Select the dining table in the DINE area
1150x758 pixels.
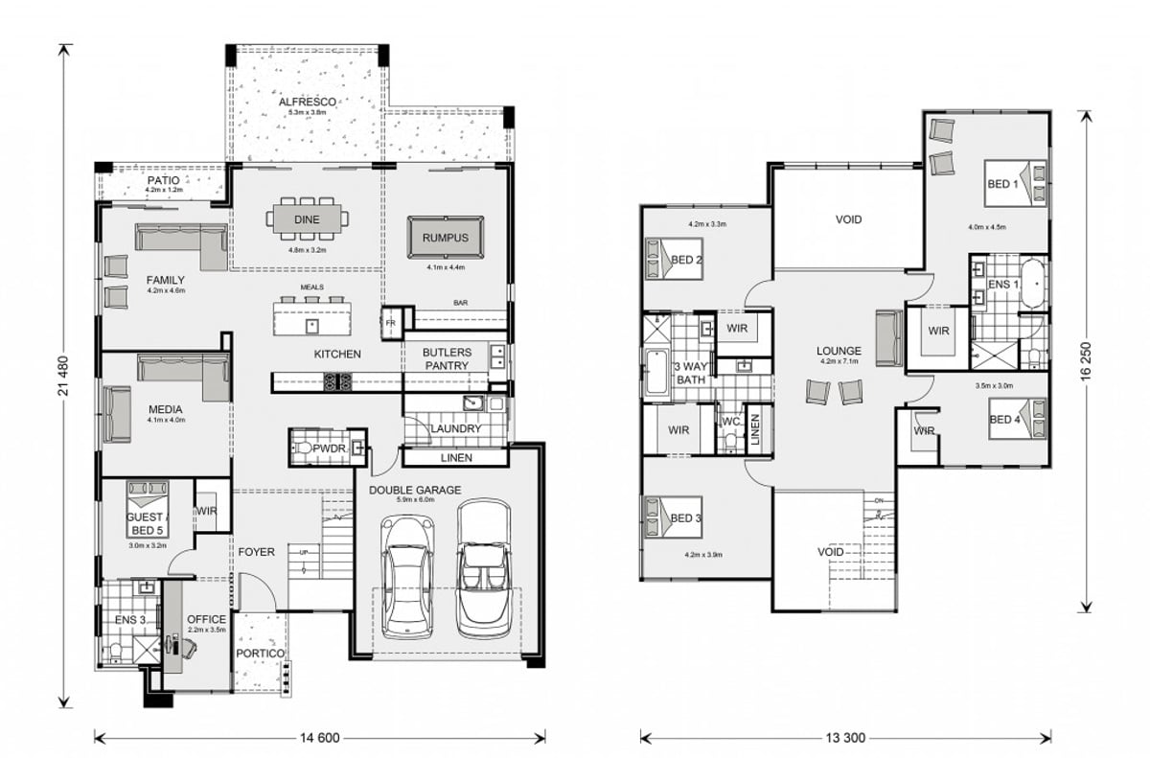click(x=308, y=219)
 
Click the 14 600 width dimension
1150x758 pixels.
click(x=319, y=738)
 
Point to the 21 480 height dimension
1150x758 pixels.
click(x=65, y=374)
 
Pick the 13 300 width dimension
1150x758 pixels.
click(x=844, y=738)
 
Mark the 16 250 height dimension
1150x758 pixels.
click(x=1085, y=360)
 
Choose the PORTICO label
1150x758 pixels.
click(x=260, y=654)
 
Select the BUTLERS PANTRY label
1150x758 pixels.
click(x=447, y=358)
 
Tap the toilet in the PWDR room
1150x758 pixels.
click(x=306, y=448)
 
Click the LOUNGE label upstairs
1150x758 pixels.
click(x=839, y=351)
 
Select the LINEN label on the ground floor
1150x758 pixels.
click(x=456, y=458)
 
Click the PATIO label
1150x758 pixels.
click(x=164, y=180)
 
